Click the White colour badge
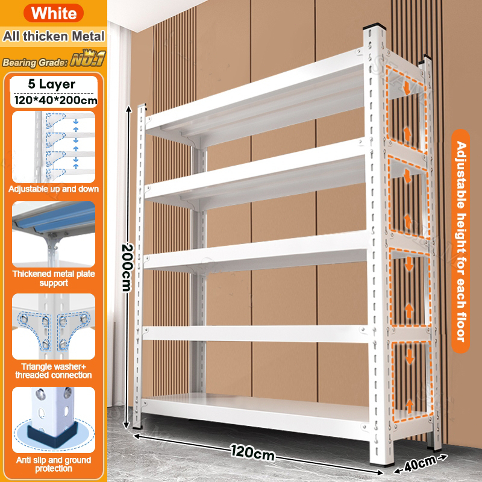coord(54,13)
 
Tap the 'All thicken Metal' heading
coord(54,36)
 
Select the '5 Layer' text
coord(52,84)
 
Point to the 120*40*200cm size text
coord(55,100)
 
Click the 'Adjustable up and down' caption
coord(54,189)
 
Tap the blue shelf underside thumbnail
coord(54,234)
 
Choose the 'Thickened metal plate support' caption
coord(54,278)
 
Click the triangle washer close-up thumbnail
coord(54,327)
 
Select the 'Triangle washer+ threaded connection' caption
coord(54,371)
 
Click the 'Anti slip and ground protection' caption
coord(54,464)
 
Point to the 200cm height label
coord(127,268)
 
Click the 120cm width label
coord(252,452)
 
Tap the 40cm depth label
coord(420,463)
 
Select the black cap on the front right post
coord(374,26)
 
